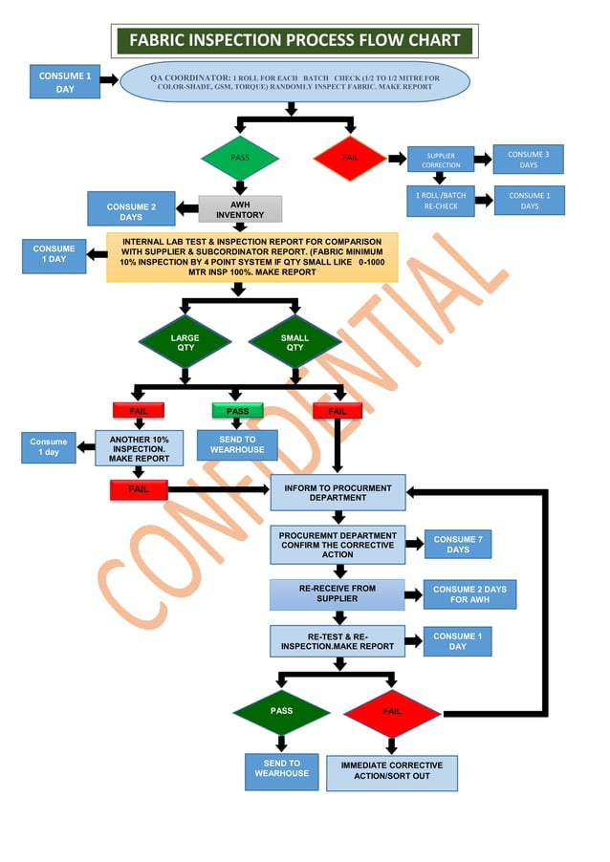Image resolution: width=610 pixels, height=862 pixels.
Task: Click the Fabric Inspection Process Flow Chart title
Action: (294, 41)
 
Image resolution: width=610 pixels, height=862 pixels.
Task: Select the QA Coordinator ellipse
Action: (294, 82)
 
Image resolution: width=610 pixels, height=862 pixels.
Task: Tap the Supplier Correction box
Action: (441, 160)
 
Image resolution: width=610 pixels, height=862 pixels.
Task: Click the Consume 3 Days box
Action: (528, 160)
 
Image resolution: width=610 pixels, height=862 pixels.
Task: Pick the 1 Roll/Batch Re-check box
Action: (441, 201)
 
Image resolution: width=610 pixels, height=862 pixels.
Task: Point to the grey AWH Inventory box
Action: (240, 209)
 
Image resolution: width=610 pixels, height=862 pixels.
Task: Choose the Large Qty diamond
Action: (185, 342)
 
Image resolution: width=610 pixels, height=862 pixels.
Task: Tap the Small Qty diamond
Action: (294, 342)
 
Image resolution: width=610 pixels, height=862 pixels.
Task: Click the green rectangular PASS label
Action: (238, 411)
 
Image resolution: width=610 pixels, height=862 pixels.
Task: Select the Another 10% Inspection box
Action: (139, 448)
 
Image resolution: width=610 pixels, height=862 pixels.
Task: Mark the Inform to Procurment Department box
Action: (338, 492)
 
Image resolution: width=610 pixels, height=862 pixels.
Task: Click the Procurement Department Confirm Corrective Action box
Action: (338, 545)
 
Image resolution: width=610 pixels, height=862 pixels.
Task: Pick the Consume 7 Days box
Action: (458, 545)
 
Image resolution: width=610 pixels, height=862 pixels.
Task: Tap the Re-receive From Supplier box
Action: (338, 594)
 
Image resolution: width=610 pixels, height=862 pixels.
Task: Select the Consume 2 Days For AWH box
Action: (468, 594)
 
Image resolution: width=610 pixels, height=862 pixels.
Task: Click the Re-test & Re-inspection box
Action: (338, 641)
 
